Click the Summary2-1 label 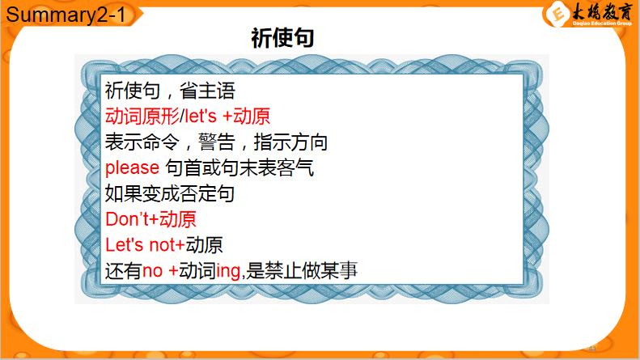(66, 15)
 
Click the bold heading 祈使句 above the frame (282, 38)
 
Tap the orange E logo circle (557, 15)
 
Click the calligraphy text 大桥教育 (602, 11)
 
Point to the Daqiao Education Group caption (602, 23)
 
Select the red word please (132, 167)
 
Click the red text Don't (127, 219)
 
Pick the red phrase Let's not (140, 245)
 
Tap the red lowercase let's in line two (201, 116)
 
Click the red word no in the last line (153, 271)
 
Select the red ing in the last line (228, 272)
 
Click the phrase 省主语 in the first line (207, 91)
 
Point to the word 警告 (217, 142)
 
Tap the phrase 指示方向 (290, 142)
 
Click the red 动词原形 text (142, 116)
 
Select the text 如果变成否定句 (170, 193)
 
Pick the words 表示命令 (142, 142)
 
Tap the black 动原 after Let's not (204, 245)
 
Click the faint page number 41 (592, 349)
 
